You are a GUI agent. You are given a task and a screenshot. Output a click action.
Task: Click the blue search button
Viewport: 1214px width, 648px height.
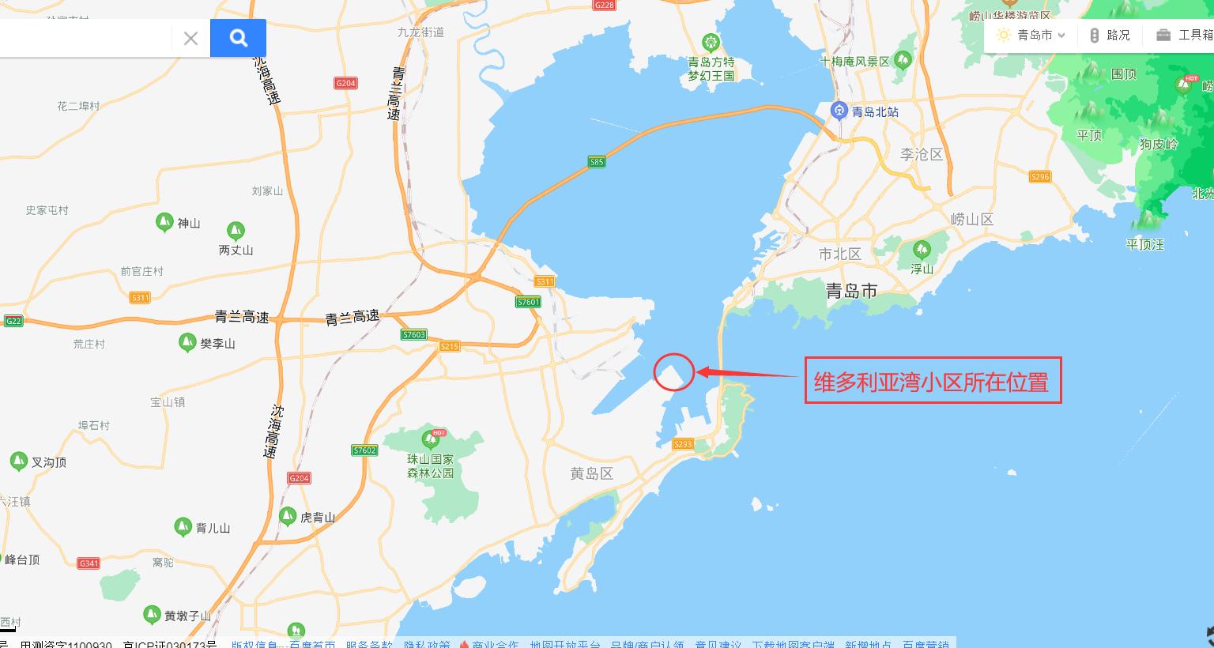(x=238, y=37)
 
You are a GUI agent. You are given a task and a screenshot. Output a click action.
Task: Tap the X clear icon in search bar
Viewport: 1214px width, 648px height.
(x=190, y=38)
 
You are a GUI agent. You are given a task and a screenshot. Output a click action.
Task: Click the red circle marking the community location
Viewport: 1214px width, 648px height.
(x=674, y=371)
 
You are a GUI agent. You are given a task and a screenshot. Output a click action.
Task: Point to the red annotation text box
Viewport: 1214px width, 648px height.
(x=933, y=381)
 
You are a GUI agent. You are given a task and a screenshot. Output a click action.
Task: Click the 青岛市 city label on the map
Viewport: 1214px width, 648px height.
(x=851, y=291)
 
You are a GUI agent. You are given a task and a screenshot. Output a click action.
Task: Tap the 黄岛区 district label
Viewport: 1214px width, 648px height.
(x=592, y=473)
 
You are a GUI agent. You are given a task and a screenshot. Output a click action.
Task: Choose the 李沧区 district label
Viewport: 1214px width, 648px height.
(x=922, y=154)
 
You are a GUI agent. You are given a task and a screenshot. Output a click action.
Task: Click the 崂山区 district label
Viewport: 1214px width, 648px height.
(x=971, y=219)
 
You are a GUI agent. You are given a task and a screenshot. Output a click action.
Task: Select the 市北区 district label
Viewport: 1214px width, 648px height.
(x=839, y=254)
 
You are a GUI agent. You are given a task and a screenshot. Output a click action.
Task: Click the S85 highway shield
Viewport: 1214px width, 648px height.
(x=597, y=162)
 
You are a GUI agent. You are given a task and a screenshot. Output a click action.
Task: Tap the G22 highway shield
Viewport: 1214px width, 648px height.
(x=13, y=321)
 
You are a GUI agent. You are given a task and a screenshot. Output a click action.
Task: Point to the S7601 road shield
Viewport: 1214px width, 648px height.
(x=528, y=302)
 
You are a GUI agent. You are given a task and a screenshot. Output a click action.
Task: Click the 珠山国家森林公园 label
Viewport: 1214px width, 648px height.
(x=431, y=466)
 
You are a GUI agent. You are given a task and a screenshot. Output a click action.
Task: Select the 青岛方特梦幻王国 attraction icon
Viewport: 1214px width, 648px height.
(x=711, y=42)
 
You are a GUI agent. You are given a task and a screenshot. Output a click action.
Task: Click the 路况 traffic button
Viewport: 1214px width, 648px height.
(x=1110, y=35)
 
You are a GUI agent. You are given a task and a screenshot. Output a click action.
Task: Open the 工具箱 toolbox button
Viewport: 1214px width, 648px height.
(x=1184, y=35)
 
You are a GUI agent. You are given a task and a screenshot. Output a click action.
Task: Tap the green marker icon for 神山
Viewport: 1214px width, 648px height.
(x=164, y=222)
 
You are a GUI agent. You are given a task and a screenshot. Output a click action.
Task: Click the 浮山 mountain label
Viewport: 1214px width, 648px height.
(x=922, y=269)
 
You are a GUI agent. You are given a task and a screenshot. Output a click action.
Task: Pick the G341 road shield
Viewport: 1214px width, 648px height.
(x=89, y=563)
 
